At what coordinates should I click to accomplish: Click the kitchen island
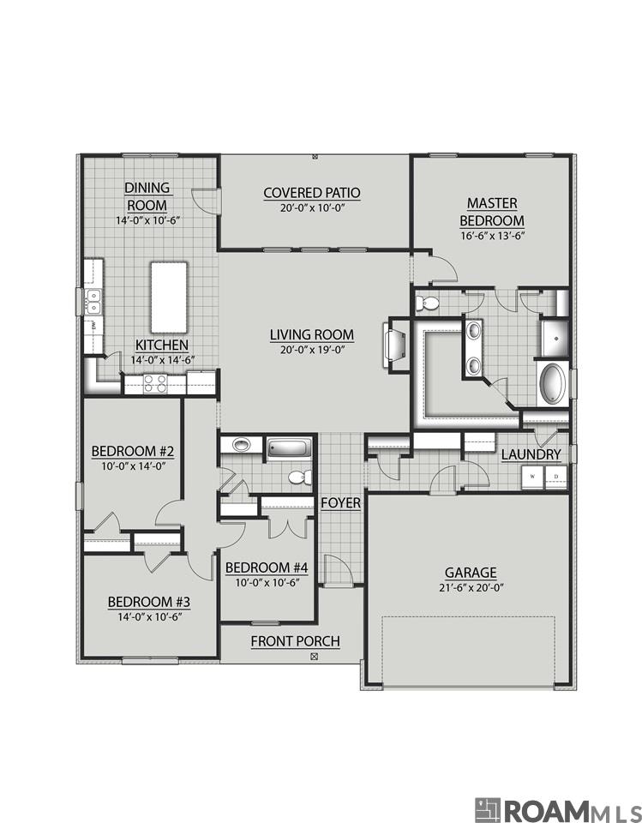click(x=169, y=297)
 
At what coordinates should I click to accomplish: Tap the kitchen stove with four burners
click(x=154, y=383)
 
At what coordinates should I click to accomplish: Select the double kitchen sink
click(x=93, y=302)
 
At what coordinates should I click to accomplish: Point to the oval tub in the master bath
click(x=554, y=384)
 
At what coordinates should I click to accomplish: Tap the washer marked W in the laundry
click(x=533, y=477)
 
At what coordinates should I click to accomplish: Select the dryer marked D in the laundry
click(x=556, y=477)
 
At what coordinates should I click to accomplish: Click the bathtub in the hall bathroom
click(x=289, y=448)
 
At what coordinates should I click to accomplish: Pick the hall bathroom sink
click(x=241, y=445)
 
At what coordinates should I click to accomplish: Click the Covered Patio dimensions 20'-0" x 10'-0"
click(x=312, y=207)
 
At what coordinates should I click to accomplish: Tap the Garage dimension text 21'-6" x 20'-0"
click(x=471, y=587)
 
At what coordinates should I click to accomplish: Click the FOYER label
click(x=340, y=503)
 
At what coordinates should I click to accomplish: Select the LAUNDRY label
click(x=531, y=454)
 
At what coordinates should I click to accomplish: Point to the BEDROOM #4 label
click(x=267, y=568)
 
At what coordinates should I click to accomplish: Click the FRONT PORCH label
click(x=295, y=641)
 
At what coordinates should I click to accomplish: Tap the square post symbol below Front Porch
click(x=315, y=656)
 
